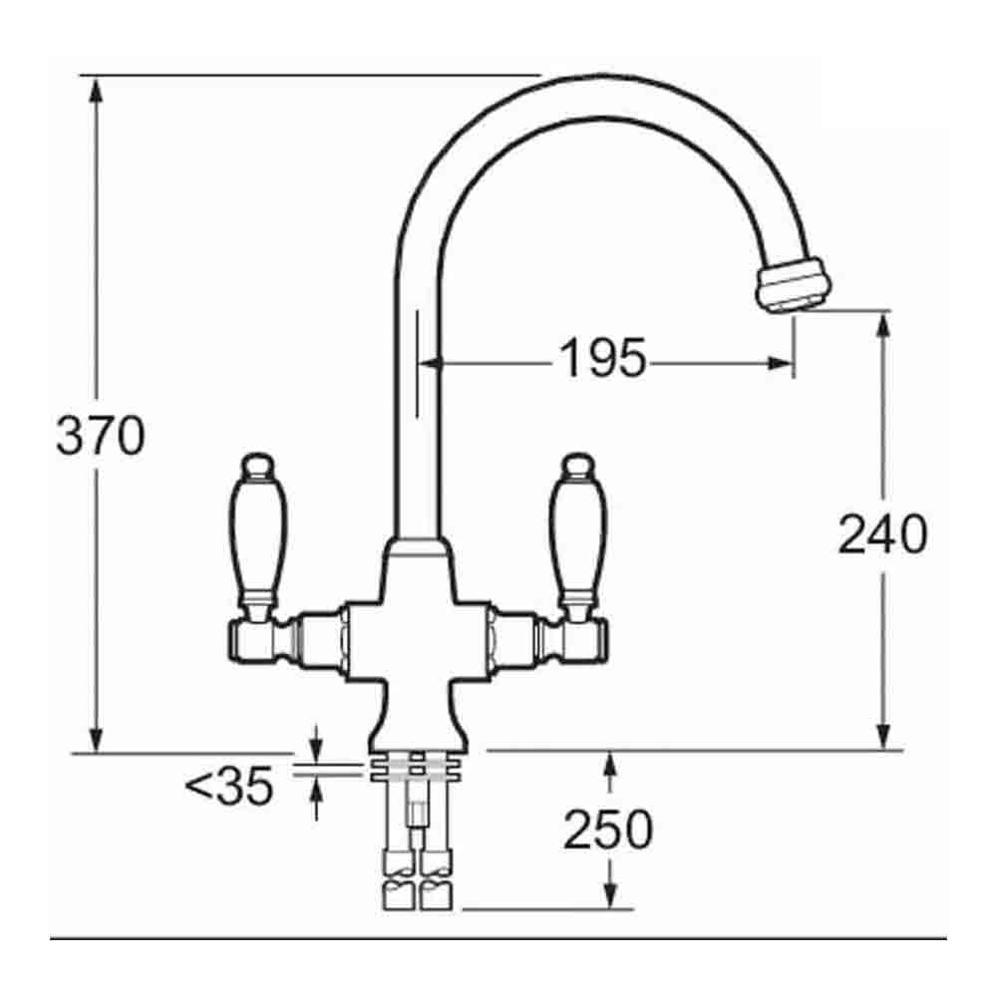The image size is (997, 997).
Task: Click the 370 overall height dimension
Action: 100,436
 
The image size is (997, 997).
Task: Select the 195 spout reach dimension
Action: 602,358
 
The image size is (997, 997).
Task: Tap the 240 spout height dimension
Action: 882,534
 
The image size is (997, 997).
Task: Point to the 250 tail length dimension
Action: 607,830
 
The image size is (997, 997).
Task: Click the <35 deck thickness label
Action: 228,788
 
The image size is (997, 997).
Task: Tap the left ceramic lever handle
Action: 261,529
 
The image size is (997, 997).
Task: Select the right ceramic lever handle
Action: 577,529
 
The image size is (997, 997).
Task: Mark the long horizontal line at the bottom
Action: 498,938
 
